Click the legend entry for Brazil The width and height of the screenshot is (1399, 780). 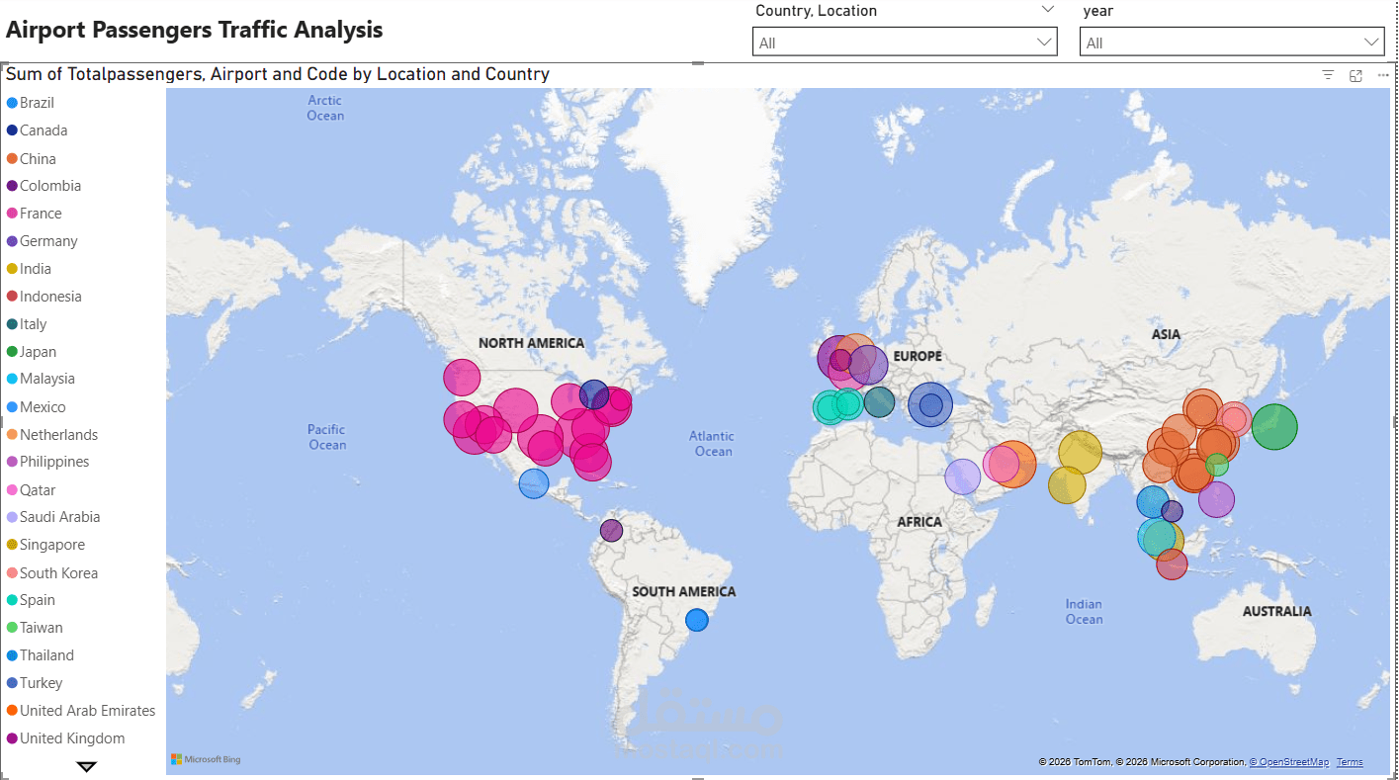click(x=37, y=103)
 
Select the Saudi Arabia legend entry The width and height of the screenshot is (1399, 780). click(x=59, y=517)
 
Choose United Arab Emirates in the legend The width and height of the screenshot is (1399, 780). click(x=87, y=711)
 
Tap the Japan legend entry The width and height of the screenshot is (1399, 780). click(x=38, y=352)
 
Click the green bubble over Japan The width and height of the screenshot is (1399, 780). click(x=1274, y=427)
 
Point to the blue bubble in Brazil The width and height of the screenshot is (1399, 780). click(x=697, y=620)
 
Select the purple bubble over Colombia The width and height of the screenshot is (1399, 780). click(x=612, y=531)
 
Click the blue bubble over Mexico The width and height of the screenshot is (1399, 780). click(x=534, y=483)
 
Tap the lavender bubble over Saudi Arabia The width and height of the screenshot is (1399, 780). click(x=962, y=477)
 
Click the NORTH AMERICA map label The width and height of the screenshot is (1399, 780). click(x=531, y=343)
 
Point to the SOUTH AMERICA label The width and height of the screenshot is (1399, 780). click(x=683, y=591)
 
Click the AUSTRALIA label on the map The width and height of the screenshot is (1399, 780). click(x=1276, y=611)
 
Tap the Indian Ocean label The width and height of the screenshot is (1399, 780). click(x=1084, y=611)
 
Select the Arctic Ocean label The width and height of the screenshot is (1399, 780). click(x=325, y=108)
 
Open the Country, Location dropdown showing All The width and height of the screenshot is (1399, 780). click(x=905, y=43)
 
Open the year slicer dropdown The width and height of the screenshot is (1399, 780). click(x=1231, y=43)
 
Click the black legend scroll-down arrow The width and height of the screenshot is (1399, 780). click(x=87, y=766)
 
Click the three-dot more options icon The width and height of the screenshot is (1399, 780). click(x=1382, y=75)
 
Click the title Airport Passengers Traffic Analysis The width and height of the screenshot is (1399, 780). click(x=195, y=30)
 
